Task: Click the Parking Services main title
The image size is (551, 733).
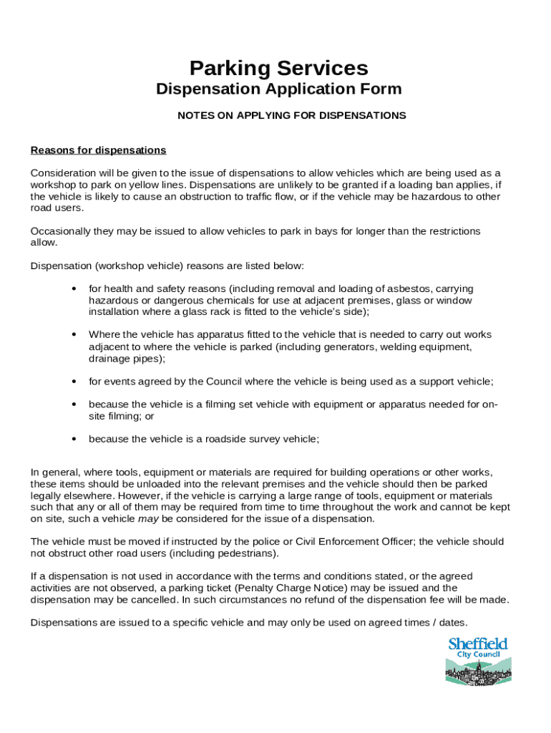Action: (x=278, y=69)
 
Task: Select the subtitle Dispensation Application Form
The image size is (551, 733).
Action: (x=278, y=89)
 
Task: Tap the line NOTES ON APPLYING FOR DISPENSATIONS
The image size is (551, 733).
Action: (x=291, y=115)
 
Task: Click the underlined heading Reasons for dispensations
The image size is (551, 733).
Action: (x=98, y=150)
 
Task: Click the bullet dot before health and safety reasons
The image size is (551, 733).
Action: (x=74, y=289)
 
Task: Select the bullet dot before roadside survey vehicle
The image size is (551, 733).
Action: (x=74, y=440)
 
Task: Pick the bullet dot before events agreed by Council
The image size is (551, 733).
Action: (x=74, y=382)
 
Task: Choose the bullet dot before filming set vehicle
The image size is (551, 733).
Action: (x=74, y=404)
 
